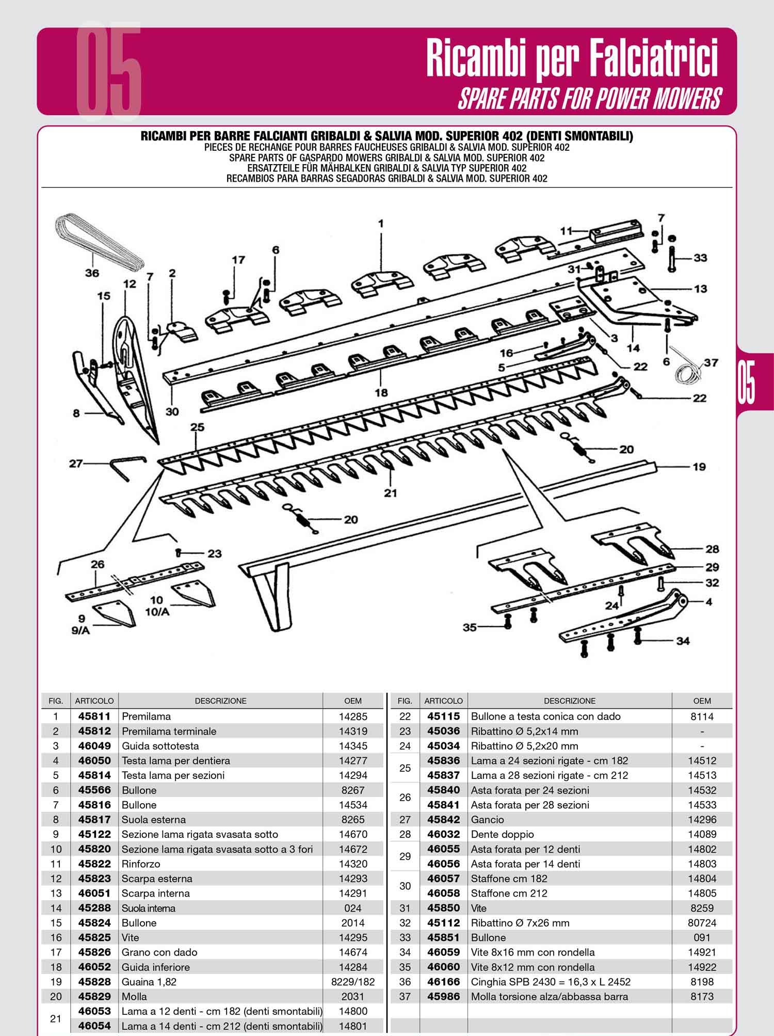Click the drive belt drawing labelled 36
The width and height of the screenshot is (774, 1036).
coord(98,243)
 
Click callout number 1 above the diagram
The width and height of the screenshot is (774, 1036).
coord(381,224)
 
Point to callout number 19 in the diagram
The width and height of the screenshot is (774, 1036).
coord(699,467)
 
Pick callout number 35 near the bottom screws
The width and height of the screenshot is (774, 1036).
coord(470,628)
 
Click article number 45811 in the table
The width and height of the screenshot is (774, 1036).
coord(94,716)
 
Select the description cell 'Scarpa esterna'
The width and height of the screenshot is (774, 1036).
coord(157,879)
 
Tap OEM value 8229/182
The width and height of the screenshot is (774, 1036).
coord(353,982)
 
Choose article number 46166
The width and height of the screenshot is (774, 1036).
coord(443,982)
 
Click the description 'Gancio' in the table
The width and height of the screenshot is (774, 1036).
coord(487,820)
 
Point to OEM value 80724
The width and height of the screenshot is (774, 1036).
coord(702,923)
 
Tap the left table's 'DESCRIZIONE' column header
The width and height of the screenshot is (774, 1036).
coord(220,701)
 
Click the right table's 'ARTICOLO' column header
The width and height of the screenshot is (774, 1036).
coord(443,701)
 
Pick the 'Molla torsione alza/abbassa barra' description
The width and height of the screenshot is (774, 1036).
coord(550,997)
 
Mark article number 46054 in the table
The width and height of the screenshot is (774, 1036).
coord(94,1026)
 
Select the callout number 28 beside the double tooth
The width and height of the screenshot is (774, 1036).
coord(712,549)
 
